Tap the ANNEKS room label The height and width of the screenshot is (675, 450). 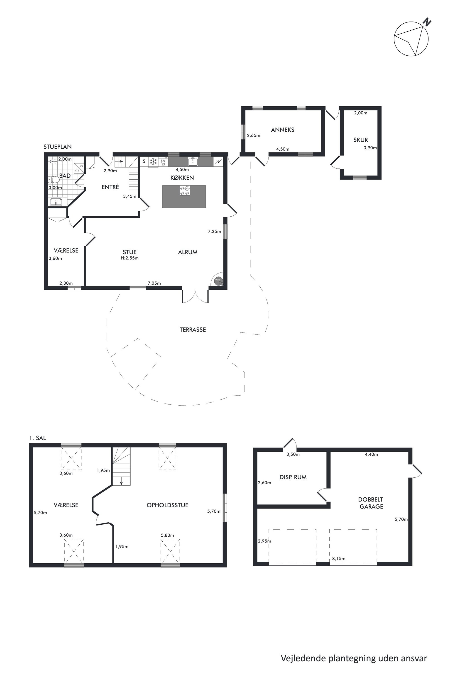[282, 130]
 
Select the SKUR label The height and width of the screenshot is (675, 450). [360, 140]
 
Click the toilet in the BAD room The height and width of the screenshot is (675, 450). [54, 180]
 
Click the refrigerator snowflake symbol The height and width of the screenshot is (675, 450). [154, 161]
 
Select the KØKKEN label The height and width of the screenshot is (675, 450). [182, 178]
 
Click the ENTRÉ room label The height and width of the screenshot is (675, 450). [110, 187]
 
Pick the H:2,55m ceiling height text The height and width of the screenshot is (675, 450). [130, 258]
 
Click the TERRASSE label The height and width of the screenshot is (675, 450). [193, 330]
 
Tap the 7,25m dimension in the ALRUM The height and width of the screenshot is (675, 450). [214, 231]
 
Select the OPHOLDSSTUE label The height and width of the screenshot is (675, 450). [167, 505]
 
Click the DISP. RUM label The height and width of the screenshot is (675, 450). [293, 477]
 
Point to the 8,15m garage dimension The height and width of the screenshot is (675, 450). [339, 558]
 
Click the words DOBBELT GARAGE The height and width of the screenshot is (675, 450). [371, 503]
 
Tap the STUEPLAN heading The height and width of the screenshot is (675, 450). [57, 147]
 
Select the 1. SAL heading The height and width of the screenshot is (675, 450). [37, 438]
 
